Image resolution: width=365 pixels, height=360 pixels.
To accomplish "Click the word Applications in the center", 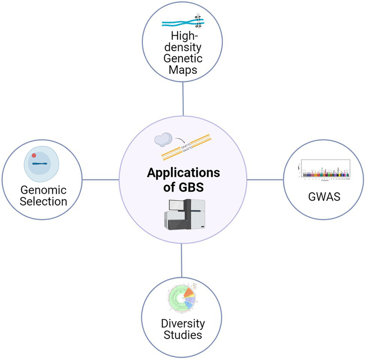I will click(x=183, y=173).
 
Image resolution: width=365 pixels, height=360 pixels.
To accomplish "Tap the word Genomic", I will click(x=42, y=190).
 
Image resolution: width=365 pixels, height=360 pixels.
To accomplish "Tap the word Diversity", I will click(x=182, y=323).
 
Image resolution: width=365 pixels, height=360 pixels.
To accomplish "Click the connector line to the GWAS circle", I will click(x=266, y=180).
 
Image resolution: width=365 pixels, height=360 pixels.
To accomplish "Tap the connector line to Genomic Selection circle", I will click(x=101, y=180).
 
